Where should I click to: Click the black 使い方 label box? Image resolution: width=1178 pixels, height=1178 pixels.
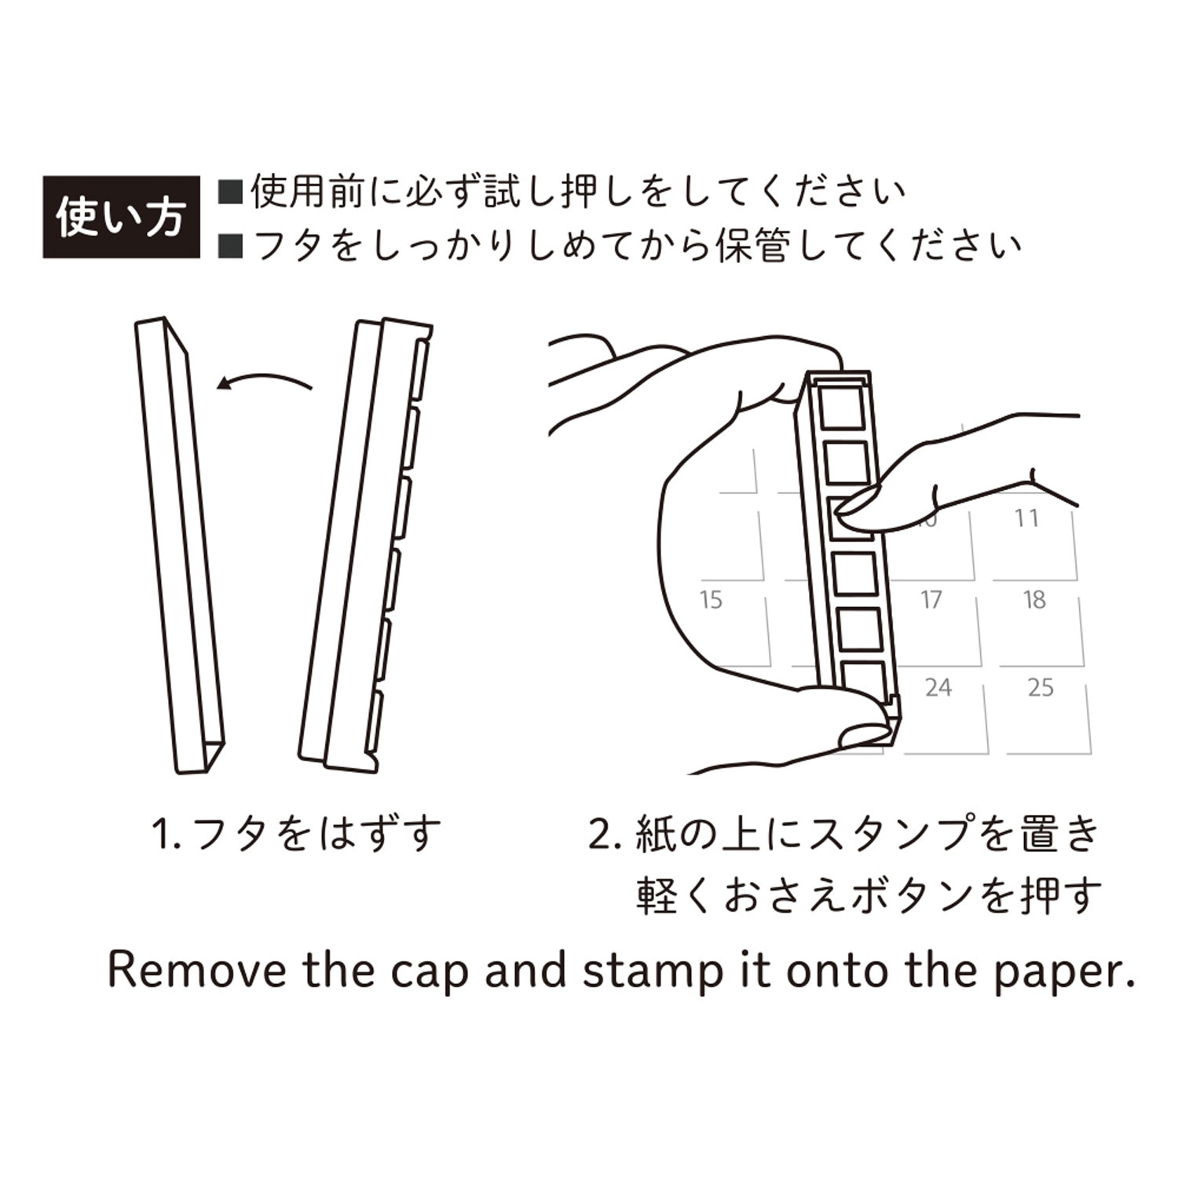pos(121,217)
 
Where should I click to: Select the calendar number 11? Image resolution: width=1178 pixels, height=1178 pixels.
pos(1026,518)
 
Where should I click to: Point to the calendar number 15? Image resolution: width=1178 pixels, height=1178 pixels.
pos(711,600)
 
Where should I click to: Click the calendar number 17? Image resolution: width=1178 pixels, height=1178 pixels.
pos(931,600)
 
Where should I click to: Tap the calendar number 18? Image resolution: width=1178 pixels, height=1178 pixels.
pos(1034,600)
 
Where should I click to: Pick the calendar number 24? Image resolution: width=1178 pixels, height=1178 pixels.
pos(938,688)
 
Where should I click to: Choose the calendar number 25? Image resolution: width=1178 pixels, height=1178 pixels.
pos(1041,688)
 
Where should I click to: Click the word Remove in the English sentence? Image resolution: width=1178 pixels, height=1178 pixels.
pos(196,970)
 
